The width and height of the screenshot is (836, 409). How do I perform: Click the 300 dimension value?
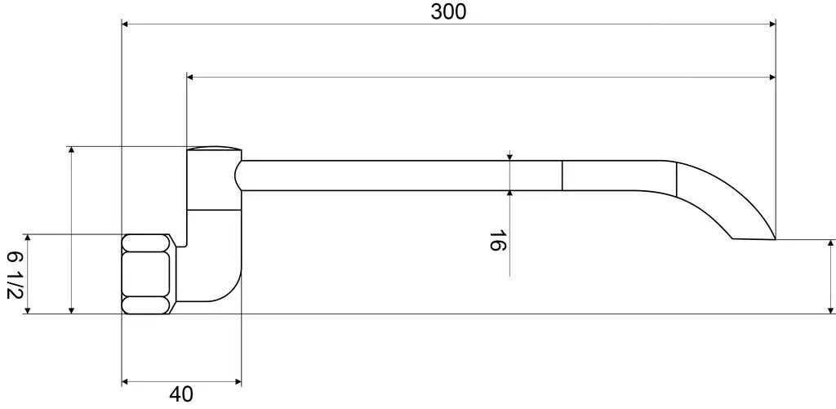pyautogui.click(x=448, y=11)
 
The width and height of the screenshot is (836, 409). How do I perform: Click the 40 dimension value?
pyautogui.click(x=182, y=394)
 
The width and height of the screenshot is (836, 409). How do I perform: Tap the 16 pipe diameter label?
pyautogui.click(x=496, y=241)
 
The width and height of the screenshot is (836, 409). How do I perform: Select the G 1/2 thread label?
pyautogui.click(x=13, y=274)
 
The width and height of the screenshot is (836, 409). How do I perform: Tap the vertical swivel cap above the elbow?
pyautogui.click(x=214, y=176)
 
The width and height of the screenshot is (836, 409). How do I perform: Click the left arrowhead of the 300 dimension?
pyautogui.click(x=127, y=24)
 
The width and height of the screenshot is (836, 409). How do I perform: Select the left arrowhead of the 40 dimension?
pyautogui.click(x=127, y=381)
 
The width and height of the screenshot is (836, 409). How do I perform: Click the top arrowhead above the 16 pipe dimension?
pyautogui.click(x=509, y=156)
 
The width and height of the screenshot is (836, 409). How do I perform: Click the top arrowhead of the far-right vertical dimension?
pyautogui.click(x=831, y=244)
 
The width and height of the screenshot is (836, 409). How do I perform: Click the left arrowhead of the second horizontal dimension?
pyautogui.click(x=192, y=78)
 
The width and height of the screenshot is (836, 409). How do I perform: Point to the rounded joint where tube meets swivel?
pyautogui.click(x=239, y=176)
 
